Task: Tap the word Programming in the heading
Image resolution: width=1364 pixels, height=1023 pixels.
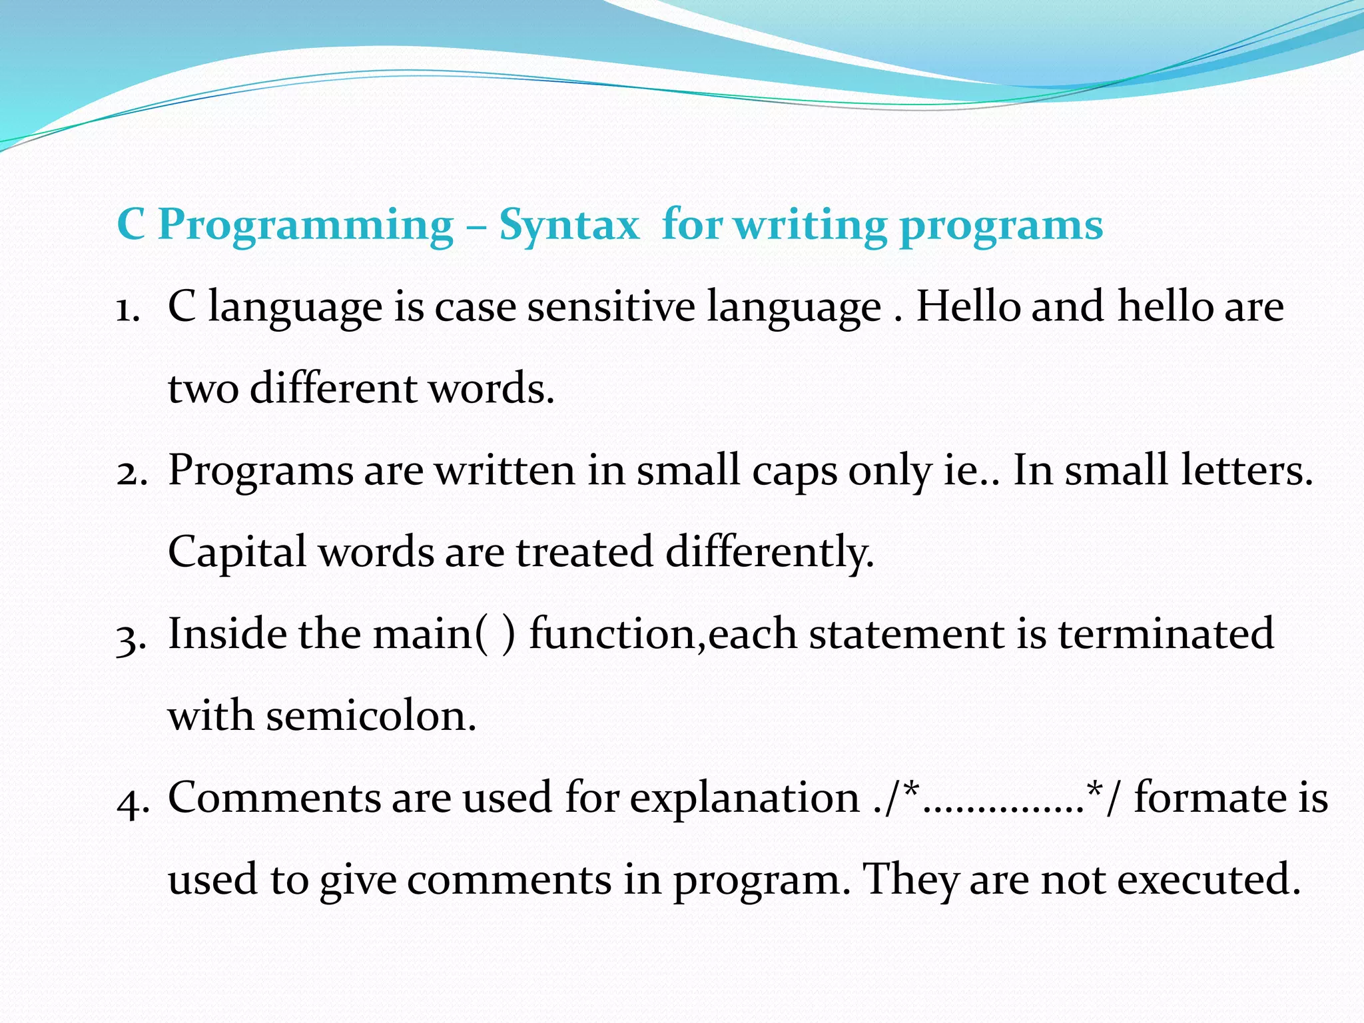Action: pos(306,225)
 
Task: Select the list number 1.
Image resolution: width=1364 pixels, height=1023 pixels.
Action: pos(127,309)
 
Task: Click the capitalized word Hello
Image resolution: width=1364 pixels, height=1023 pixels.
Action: pos(968,306)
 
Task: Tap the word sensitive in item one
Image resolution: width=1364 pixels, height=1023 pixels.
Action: pos(611,308)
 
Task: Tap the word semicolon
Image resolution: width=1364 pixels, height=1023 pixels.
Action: pos(371,717)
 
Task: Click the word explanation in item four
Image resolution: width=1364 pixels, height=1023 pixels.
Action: pos(745,798)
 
